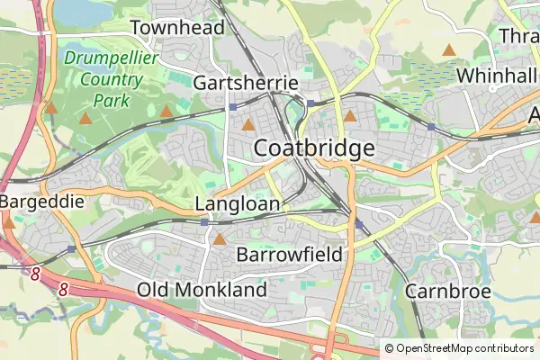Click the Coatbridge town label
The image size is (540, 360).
click(314, 148)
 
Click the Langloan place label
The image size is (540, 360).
click(238, 204)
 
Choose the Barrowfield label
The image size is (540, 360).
click(289, 255)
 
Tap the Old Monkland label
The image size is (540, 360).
click(202, 290)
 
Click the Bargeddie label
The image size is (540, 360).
click(41, 202)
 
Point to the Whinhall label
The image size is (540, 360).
click(496, 76)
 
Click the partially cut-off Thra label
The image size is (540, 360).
click(518, 35)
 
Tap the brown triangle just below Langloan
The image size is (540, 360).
click(220, 239)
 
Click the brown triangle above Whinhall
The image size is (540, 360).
click(448, 50)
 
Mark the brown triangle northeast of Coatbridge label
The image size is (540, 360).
click(350, 116)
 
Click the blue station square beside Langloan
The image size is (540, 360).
click(205, 221)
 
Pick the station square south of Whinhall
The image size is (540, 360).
click(431, 128)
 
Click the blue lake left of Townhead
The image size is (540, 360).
click(79, 11)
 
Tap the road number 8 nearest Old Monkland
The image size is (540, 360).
click(63, 290)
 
